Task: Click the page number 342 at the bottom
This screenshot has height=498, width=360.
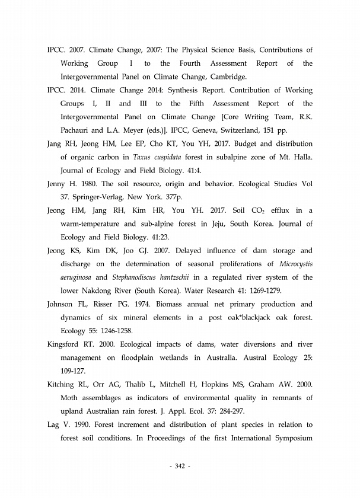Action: pos(180,467)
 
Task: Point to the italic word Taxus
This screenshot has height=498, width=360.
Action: pos(142,157)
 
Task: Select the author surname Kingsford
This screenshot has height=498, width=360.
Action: pos(66,344)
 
